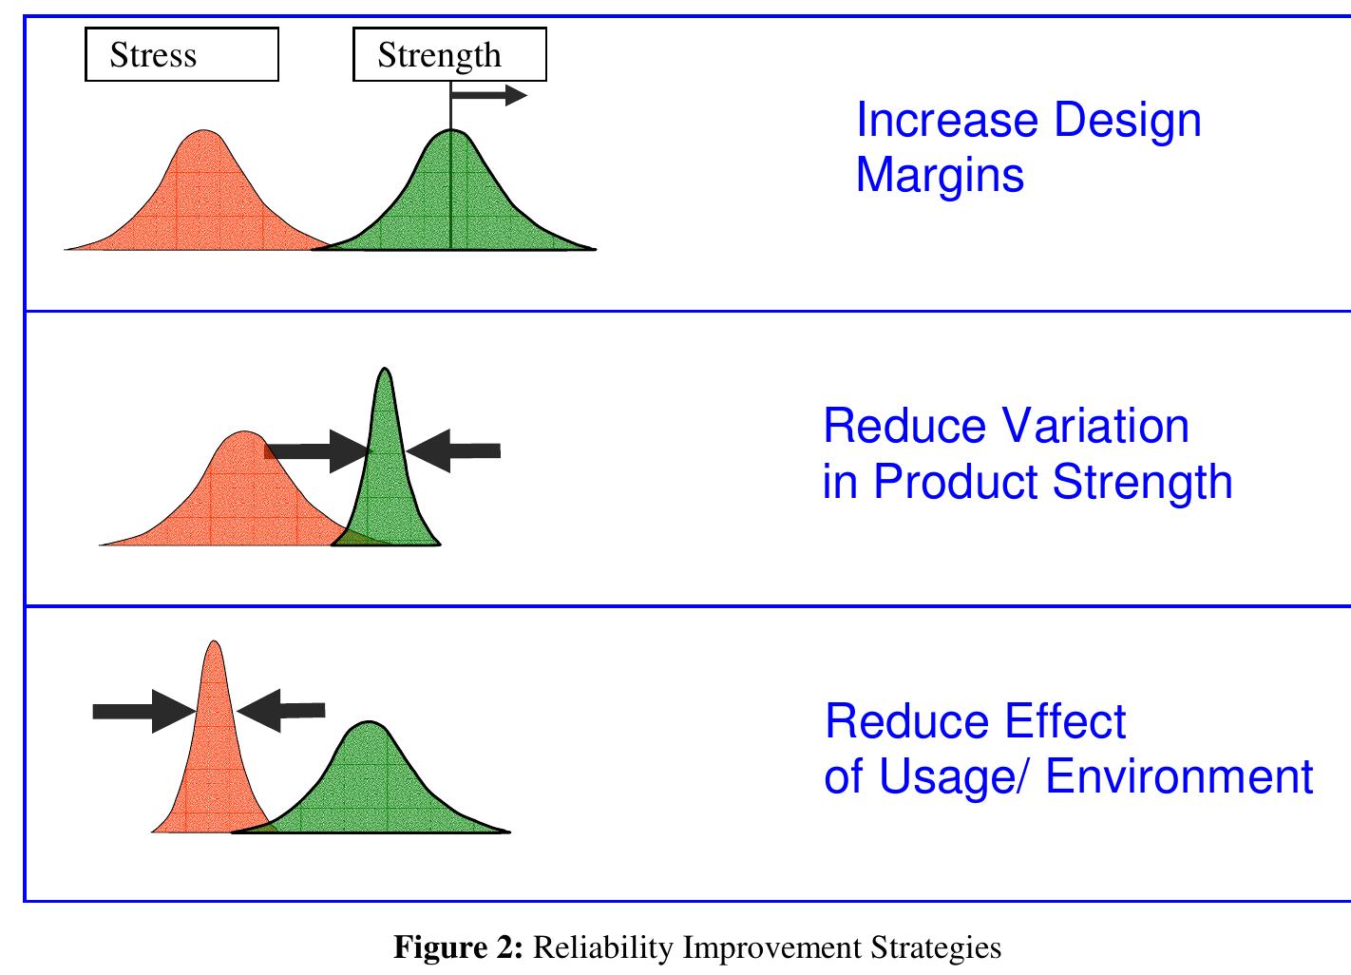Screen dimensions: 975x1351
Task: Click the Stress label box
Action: pos(181,54)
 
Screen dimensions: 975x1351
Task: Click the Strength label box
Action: pos(449,54)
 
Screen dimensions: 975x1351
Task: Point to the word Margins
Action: pos(940,175)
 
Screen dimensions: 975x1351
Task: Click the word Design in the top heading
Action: pos(1127,120)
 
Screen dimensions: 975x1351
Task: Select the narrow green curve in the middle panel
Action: pos(385,475)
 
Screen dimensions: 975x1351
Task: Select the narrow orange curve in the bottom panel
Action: pos(214,751)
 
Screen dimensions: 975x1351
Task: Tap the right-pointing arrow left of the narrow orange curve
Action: pos(143,711)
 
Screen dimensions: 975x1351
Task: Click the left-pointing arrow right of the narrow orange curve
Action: pos(281,710)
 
